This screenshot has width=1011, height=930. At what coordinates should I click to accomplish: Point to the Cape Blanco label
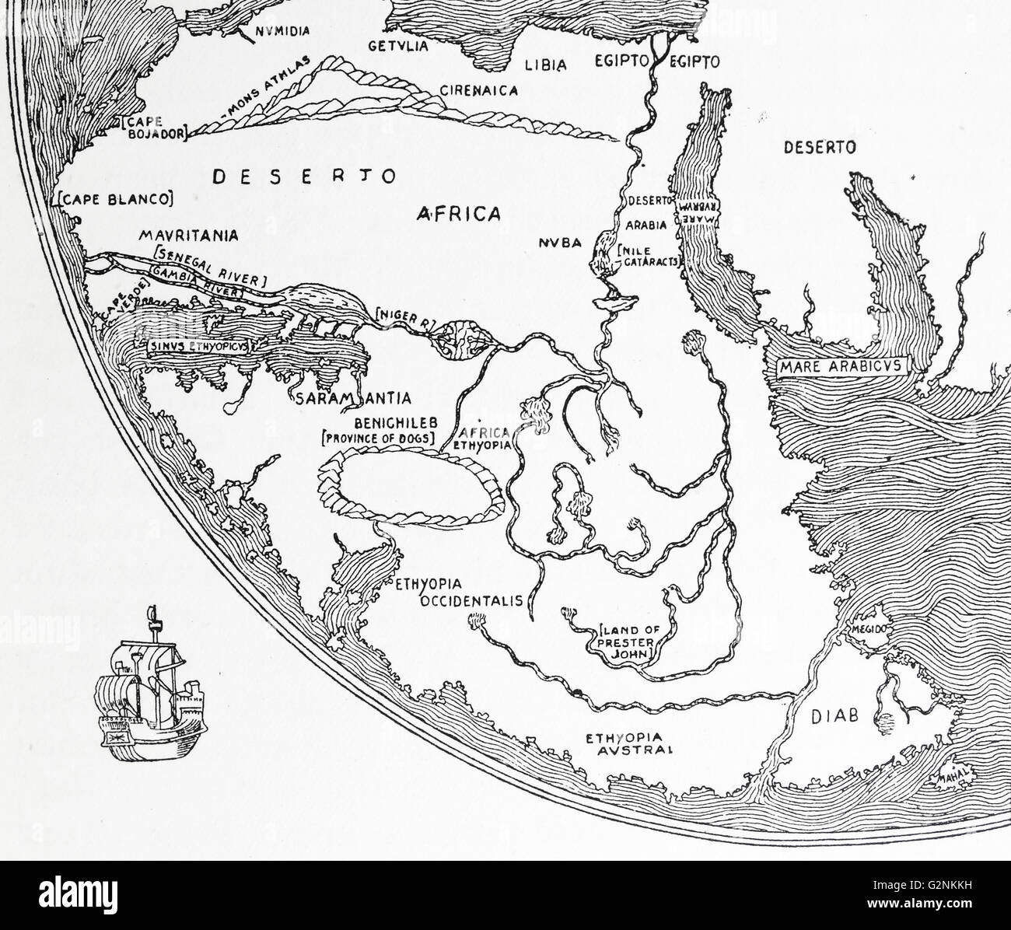(115, 200)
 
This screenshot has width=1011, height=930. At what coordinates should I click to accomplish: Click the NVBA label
(559, 243)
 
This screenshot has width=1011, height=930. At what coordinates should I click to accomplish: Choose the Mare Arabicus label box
(837, 365)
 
